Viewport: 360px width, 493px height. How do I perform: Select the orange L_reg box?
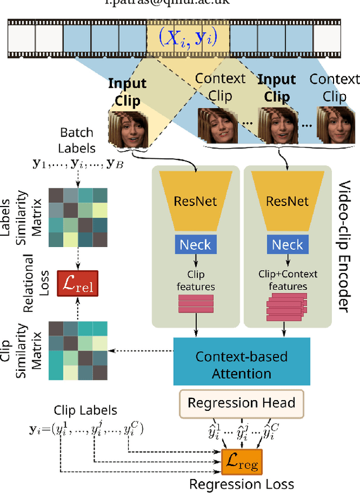pos(241,464)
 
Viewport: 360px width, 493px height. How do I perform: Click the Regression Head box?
pos(241,403)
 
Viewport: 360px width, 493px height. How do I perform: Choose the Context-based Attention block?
pos(241,364)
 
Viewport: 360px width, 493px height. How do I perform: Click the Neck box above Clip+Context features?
pos(287,244)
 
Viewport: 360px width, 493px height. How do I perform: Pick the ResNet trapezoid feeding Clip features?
pos(195,201)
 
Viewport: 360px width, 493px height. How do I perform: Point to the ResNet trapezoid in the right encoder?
pos(287,201)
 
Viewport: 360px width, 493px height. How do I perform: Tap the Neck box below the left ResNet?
pos(195,244)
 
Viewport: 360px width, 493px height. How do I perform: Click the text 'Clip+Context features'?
pos(287,280)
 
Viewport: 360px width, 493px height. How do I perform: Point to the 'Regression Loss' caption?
pos(241,483)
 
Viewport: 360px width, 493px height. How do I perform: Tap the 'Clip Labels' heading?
pos(85,411)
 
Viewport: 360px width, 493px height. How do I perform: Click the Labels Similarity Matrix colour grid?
pos(78,217)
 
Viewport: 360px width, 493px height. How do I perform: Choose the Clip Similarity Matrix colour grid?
pos(78,350)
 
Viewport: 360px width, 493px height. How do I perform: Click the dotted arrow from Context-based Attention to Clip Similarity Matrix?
pos(141,351)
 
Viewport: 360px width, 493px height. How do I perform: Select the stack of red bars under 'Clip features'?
pos(196,304)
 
